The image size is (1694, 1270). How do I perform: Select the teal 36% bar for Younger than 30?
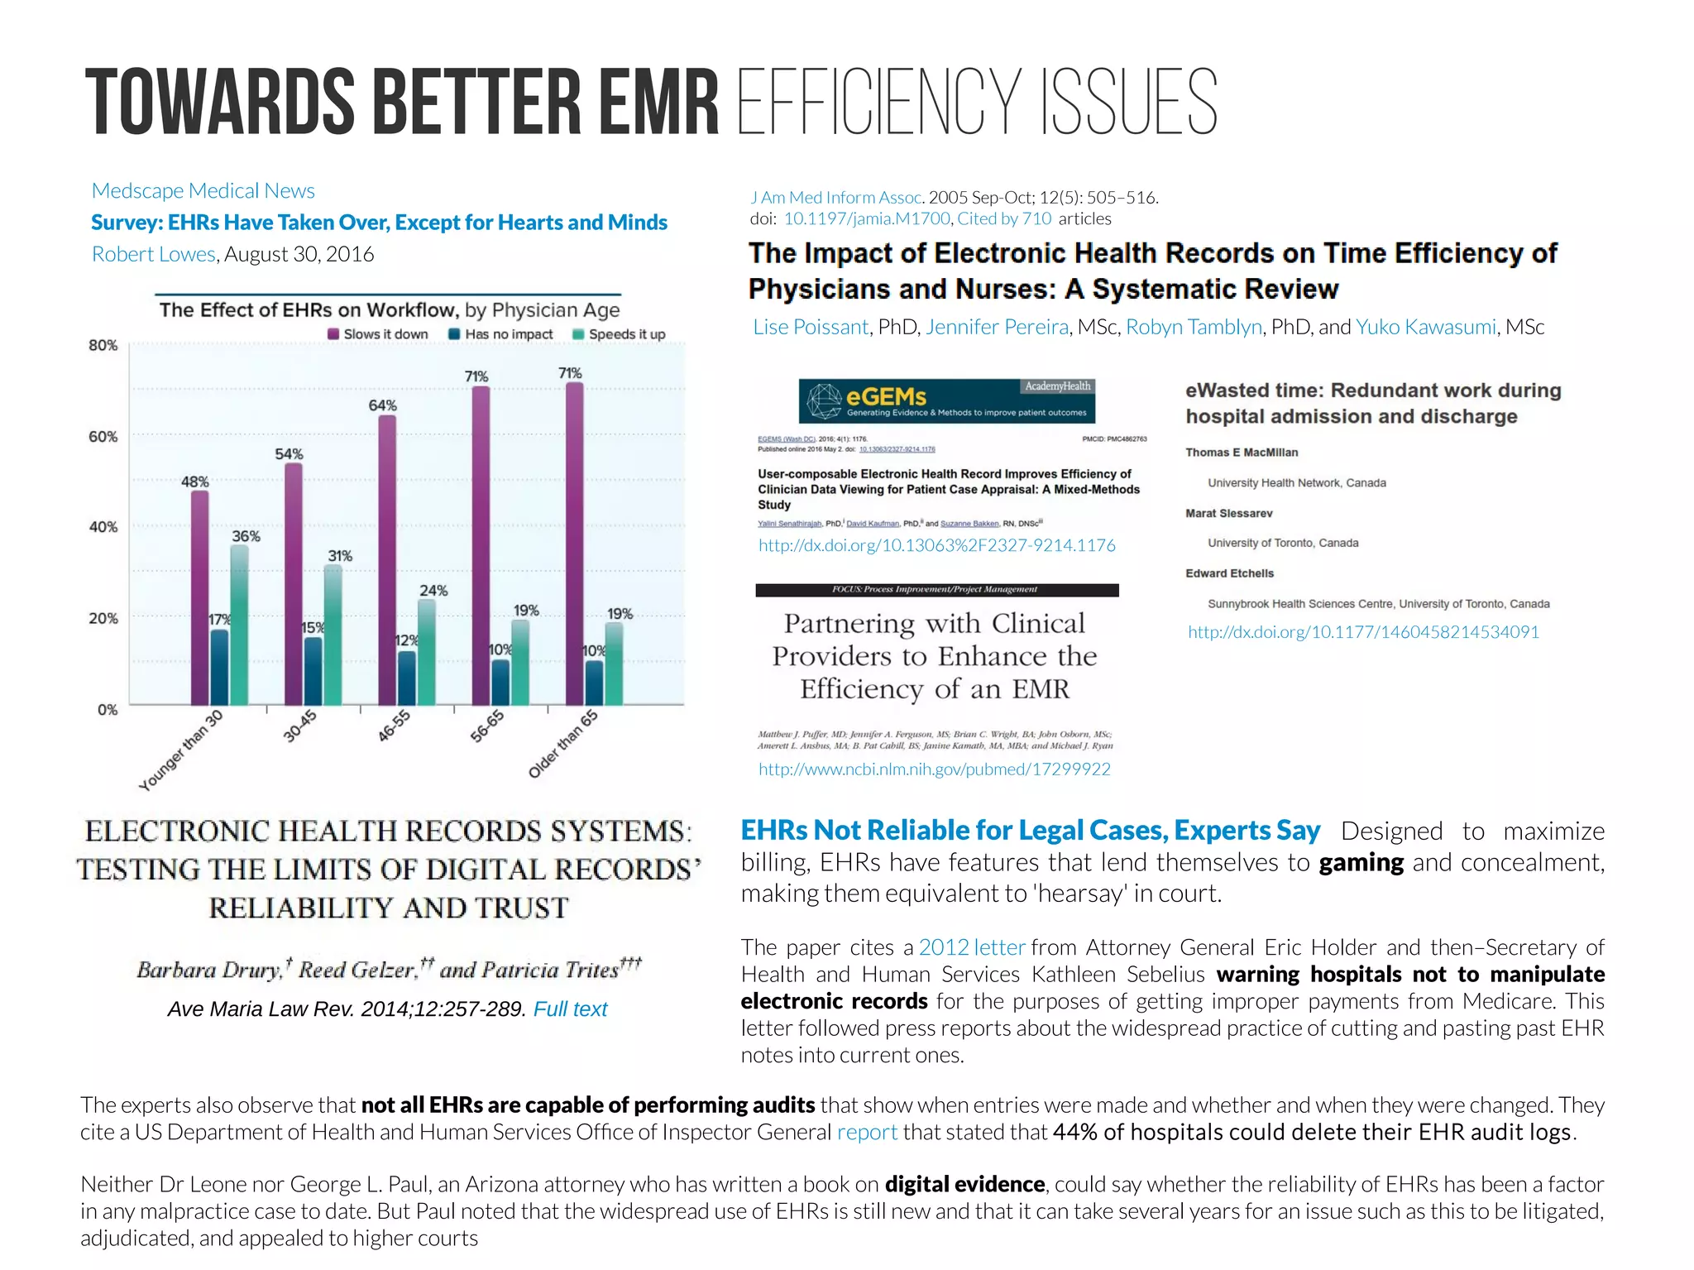click(239, 625)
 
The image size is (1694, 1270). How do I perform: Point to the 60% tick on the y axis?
click(103, 436)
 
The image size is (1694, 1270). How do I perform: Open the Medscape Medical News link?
click(203, 191)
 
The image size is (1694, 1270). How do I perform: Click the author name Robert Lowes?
click(153, 254)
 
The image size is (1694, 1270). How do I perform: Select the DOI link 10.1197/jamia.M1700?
click(866, 218)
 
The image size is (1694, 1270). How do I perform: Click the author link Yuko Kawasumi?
click(1425, 327)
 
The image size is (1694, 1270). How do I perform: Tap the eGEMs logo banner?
click(946, 400)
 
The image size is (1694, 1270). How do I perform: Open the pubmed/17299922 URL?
click(934, 769)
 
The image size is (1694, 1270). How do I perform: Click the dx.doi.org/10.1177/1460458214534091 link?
click(1363, 632)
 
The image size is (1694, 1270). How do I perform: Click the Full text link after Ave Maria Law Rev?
click(570, 1009)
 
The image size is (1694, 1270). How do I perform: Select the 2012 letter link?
click(971, 947)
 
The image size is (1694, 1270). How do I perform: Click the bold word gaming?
click(1361, 863)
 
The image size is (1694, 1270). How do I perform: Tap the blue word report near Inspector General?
click(866, 1132)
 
